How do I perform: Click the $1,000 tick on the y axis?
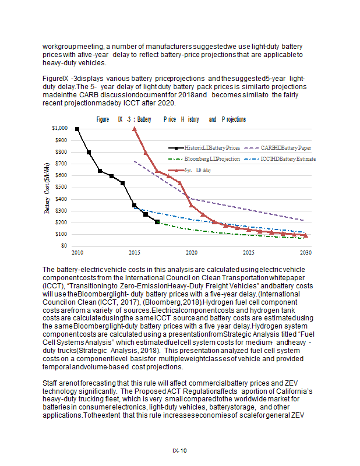point(59,128)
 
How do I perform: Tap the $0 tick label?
point(63,246)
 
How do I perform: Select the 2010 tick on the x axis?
point(77,253)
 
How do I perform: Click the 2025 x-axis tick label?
point(249,253)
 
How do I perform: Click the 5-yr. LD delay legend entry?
point(193,170)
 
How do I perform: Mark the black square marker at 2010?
point(77,129)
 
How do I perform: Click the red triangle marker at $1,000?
point(135,129)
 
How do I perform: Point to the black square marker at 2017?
point(157,222)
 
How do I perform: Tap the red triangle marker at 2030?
point(306,235)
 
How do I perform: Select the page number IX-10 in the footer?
point(179,450)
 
